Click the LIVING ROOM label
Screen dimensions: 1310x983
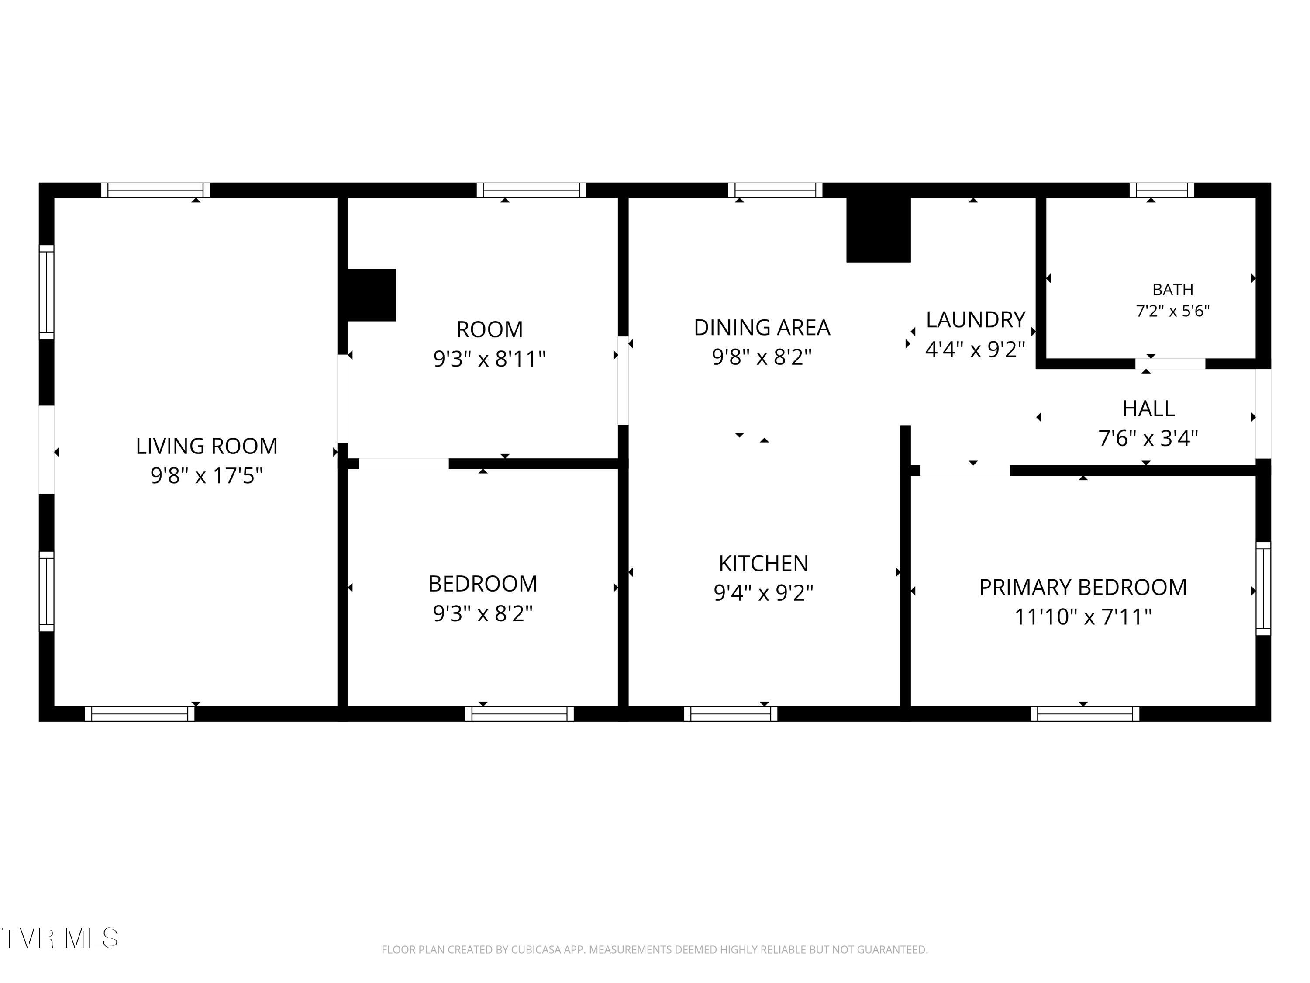click(x=207, y=446)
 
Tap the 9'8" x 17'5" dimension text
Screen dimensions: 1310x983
click(x=207, y=476)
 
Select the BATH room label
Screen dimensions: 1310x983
click(x=1172, y=290)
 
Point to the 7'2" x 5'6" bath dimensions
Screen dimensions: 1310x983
click(x=1172, y=311)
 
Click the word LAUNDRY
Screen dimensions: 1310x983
click(x=976, y=320)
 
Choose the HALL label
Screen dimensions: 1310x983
click(x=1148, y=409)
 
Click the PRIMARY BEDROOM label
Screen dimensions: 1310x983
click(x=1082, y=588)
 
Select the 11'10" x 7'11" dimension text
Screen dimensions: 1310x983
click(x=1082, y=617)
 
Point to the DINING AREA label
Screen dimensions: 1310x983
click(x=762, y=328)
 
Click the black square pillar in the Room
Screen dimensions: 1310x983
click(x=371, y=295)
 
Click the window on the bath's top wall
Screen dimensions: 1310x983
click(x=1162, y=190)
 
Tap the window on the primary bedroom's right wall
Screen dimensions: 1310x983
click(x=1263, y=588)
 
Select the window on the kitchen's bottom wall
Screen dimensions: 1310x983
click(x=731, y=714)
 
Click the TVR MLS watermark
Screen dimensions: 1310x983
click(x=60, y=938)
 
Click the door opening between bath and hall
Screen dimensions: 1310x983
click(x=1170, y=364)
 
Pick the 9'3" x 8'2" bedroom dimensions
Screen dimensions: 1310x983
click(x=483, y=614)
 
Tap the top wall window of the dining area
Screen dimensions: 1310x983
click(x=775, y=190)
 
